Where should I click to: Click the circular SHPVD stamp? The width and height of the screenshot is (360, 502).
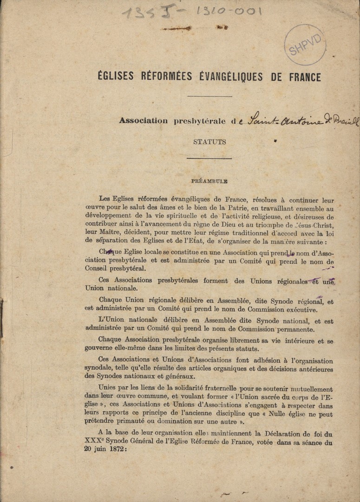click(x=305, y=45)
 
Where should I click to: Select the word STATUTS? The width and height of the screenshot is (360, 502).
click(x=209, y=142)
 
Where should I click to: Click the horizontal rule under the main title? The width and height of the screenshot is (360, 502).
click(x=202, y=97)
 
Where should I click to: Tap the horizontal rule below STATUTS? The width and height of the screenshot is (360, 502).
click(x=209, y=159)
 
